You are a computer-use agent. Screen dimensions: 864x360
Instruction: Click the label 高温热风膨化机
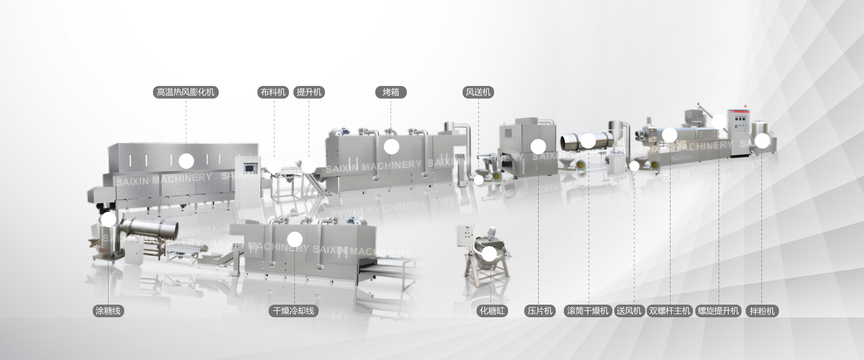click(186, 92)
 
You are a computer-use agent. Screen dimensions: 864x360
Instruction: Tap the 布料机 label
click(274, 92)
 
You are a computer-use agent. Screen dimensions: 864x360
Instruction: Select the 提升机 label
click(309, 92)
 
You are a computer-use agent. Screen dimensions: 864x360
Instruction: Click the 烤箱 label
click(391, 92)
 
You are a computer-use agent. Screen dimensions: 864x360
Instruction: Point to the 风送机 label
click(478, 92)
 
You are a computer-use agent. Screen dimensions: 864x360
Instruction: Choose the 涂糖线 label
click(108, 310)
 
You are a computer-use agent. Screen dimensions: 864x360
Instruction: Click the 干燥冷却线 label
click(294, 310)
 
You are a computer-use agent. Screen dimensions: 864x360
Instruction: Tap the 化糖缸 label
click(492, 310)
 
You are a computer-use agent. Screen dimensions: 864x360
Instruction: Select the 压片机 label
click(540, 310)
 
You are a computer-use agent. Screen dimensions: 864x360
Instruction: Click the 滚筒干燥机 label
click(588, 310)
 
